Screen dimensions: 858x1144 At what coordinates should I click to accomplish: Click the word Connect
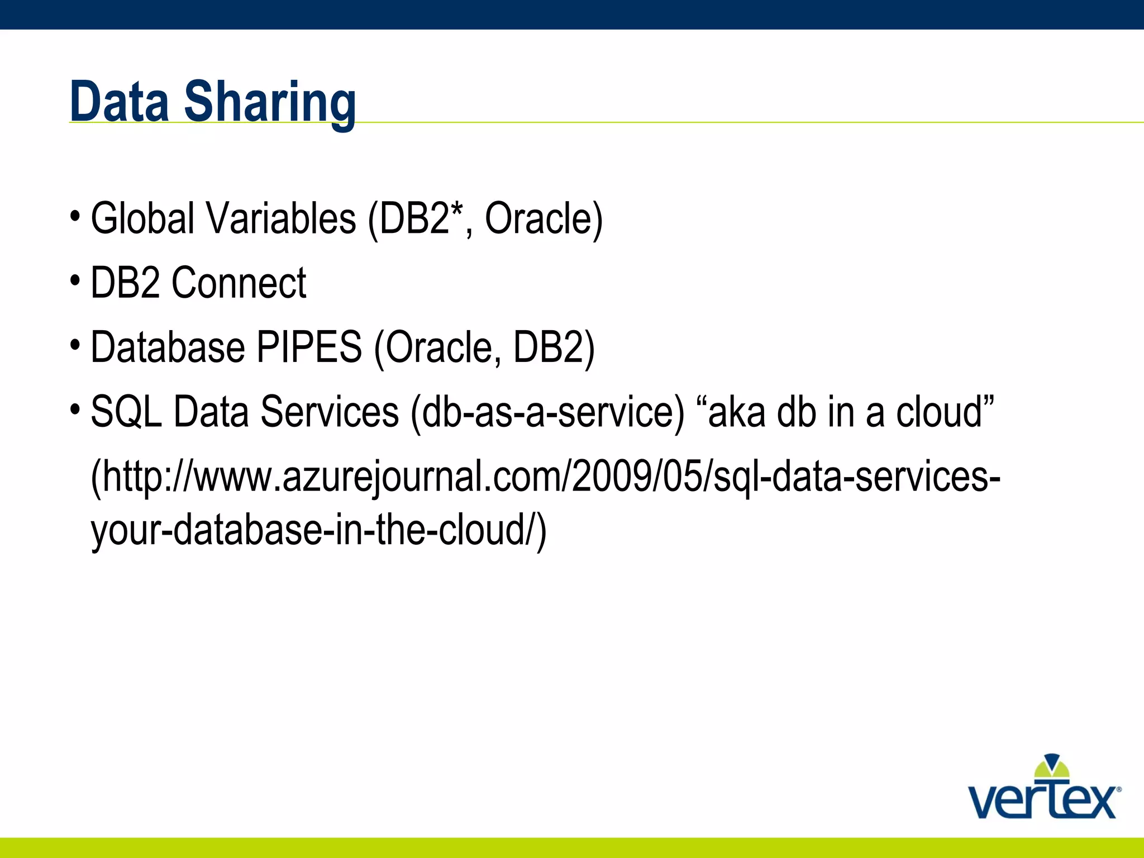click(239, 283)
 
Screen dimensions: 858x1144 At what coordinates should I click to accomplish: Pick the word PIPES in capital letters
click(309, 347)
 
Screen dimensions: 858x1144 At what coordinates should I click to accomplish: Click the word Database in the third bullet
click(168, 347)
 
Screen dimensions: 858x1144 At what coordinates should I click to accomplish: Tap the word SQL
click(126, 412)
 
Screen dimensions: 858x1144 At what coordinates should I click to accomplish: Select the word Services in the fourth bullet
click(329, 412)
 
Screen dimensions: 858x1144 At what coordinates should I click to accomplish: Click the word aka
click(737, 412)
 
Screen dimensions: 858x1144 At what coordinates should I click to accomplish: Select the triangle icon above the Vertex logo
click(1052, 765)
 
